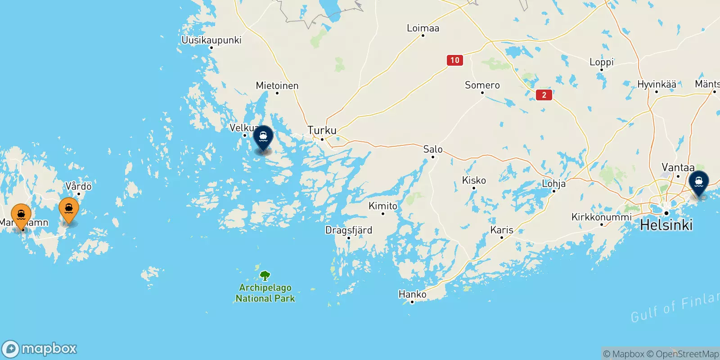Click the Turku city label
tap(322, 130)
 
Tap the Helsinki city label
tap(666, 225)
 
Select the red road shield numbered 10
tap(455, 60)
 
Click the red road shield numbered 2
tap(544, 95)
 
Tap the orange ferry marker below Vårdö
tap(69, 209)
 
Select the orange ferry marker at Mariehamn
tap(21, 216)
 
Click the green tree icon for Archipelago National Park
tap(265, 275)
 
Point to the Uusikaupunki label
tap(211, 40)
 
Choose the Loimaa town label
tap(423, 28)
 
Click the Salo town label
tap(433, 149)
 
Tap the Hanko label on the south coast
tap(412, 294)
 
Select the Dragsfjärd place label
tap(349, 230)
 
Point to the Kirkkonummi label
tap(602, 217)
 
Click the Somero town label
tap(482, 85)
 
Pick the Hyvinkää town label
tap(657, 84)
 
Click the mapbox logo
tap(40, 349)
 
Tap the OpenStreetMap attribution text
tap(683, 354)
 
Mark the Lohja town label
tap(553, 184)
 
